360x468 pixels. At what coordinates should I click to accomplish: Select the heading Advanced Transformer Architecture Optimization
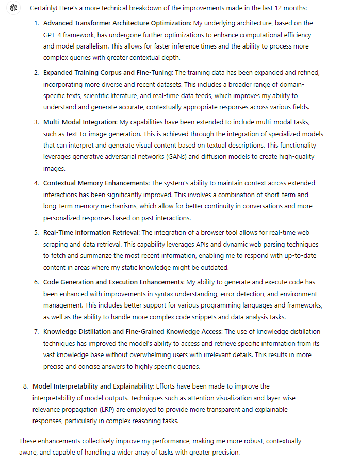coord(117,24)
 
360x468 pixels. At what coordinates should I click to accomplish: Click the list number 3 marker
coord(37,122)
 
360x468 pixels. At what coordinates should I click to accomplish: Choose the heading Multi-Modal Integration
coord(80,122)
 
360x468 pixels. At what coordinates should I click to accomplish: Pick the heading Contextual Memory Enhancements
coord(96,183)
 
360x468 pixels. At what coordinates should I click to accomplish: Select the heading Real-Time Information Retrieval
coord(91,233)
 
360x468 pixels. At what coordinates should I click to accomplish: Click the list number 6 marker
coord(37,282)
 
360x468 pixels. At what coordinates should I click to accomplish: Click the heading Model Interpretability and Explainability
coord(92,386)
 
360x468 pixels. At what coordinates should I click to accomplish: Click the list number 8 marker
coord(26,386)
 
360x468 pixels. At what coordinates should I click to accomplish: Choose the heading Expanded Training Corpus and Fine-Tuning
coord(108,73)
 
